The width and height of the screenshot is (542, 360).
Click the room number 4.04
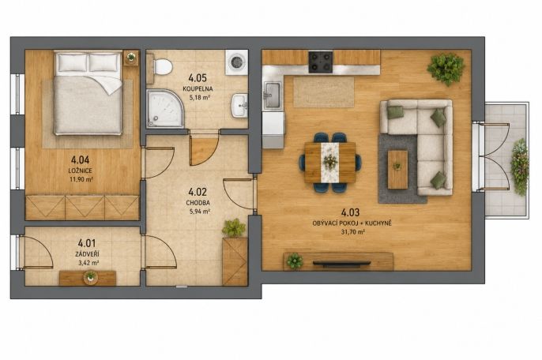81,159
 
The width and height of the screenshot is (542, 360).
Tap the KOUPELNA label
198,88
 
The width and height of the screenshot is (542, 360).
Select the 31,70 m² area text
352,232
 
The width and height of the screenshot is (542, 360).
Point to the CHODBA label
198,203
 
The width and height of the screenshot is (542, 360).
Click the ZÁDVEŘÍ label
87,254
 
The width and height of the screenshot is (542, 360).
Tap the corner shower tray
165,108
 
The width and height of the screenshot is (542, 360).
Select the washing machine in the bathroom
237,62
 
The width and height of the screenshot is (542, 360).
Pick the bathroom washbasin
239,105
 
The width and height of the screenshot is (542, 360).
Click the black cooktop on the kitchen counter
321,62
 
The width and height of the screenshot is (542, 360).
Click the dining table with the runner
330,163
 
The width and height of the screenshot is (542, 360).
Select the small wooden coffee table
397,169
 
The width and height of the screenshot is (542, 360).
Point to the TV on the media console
341,264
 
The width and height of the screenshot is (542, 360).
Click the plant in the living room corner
446,69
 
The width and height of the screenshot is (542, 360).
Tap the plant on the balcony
520,167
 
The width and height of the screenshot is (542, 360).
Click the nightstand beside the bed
131,58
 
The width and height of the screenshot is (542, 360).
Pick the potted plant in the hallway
234,228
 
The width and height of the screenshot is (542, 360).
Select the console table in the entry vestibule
88,278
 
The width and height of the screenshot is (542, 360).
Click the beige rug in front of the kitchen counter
324,92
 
